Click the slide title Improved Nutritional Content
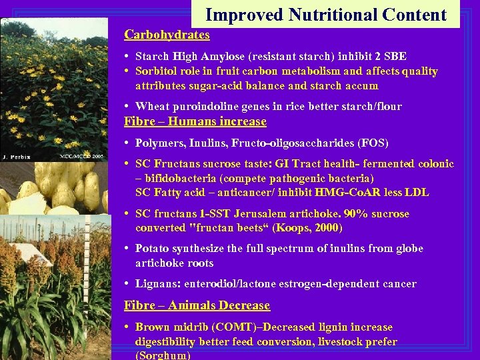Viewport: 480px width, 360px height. tap(325, 15)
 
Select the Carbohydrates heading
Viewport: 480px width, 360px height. tap(167, 35)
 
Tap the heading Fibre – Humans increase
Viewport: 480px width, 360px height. tap(195, 121)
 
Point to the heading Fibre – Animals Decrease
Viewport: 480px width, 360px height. tap(197, 305)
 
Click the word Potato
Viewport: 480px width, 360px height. tap(152, 249)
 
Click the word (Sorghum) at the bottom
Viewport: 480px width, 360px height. tap(163, 355)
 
